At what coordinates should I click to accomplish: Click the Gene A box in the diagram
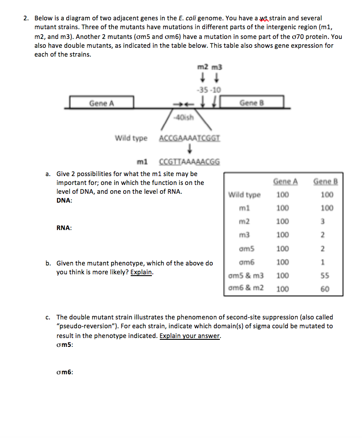[x=102, y=103]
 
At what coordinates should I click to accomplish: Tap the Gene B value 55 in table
[x=323, y=276]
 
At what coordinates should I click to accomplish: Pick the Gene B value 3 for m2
[x=323, y=221]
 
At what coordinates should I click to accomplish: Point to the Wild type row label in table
[x=244, y=195]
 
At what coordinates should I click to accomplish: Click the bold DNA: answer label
[x=64, y=200]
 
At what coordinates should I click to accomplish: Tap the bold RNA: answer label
[x=64, y=228]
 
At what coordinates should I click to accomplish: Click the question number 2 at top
[x=26, y=18]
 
